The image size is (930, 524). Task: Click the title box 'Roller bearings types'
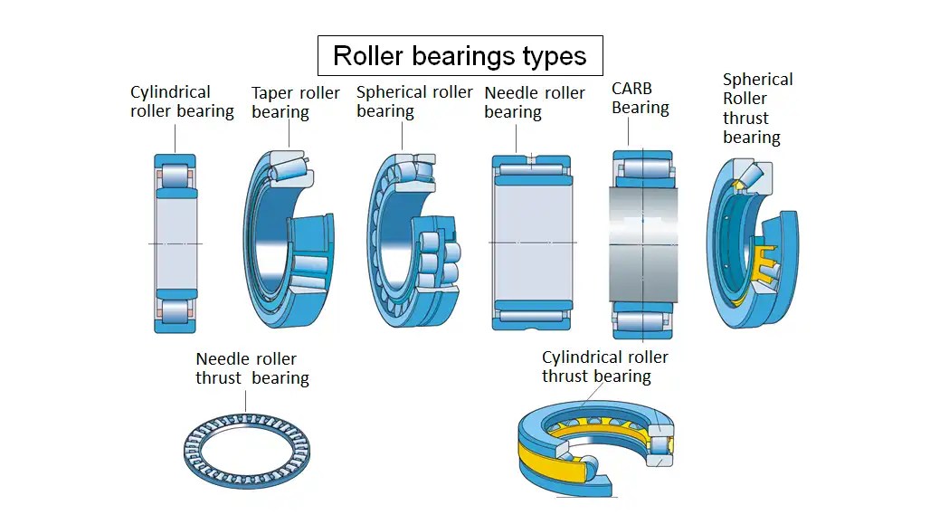pos(460,56)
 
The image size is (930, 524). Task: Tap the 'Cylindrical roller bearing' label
pos(182,102)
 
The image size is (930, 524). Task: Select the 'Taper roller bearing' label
pos(295,102)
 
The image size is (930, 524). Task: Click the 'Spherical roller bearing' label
pos(413,101)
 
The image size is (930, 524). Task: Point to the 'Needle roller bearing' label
pos(534,102)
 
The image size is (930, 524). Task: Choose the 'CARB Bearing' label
pos(640,98)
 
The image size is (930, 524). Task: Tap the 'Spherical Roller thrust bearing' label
pos(756,109)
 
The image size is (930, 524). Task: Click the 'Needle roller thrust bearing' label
pos(251,368)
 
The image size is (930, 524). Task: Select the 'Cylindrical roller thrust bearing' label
pos(604,367)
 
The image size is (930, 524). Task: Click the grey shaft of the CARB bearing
pos(642,244)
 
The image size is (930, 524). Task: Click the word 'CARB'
pos(631,88)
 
